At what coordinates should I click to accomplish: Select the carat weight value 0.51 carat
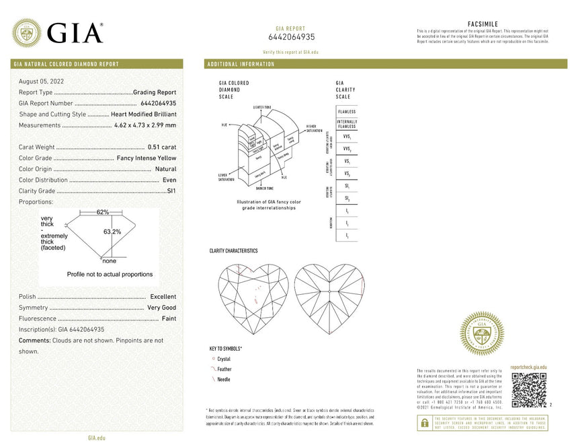pos(161,147)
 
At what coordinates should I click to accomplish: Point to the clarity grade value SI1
pos(171,191)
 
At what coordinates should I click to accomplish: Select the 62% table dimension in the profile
pos(102,212)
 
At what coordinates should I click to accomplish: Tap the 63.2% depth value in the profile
pos(112,232)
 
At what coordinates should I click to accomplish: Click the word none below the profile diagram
pos(109,261)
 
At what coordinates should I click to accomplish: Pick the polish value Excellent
pos(163,297)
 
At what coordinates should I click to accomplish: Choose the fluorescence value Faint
pos(169,318)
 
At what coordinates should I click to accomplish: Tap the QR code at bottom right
pos(528,390)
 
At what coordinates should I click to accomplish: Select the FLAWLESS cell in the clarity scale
pos(347,111)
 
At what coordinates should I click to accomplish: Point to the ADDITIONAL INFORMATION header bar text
pos(241,65)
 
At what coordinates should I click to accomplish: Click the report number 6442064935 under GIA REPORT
pos(291,37)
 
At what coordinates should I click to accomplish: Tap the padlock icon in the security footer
pos(424,423)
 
